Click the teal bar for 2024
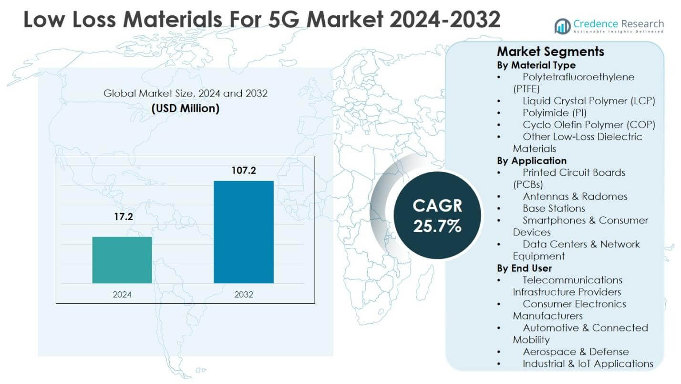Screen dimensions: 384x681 click(x=122, y=260)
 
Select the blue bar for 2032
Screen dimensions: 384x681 click(x=243, y=232)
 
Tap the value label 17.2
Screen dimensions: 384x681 click(x=123, y=217)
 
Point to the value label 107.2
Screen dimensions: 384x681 click(x=244, y=170)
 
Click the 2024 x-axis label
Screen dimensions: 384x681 click(x=122, y=294)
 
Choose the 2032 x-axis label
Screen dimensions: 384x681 click(x=244, y=294)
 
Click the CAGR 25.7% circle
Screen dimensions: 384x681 click(x=437, y=216)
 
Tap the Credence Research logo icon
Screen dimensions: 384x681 click(x=562, y=26)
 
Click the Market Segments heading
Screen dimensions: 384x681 click(x=550, y=52)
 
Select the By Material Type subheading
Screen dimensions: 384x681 click(x=536, y=65)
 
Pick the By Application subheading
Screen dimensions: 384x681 click(x=532, y=160)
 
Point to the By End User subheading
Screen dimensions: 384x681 click(x=524, y=268)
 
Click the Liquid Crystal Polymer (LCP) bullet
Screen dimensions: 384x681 click(x=588, y=101)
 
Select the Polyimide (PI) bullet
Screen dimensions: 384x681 click(x=554, y=113)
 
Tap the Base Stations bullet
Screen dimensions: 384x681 click(x=553, y=208)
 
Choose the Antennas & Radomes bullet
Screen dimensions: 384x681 click(x=575, y=196)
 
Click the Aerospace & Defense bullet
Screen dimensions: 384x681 click(x=575, y=352)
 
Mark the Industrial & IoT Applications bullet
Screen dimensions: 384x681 click(x=588, y=363)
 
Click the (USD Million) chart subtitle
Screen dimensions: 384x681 click(x=186, y=108)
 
